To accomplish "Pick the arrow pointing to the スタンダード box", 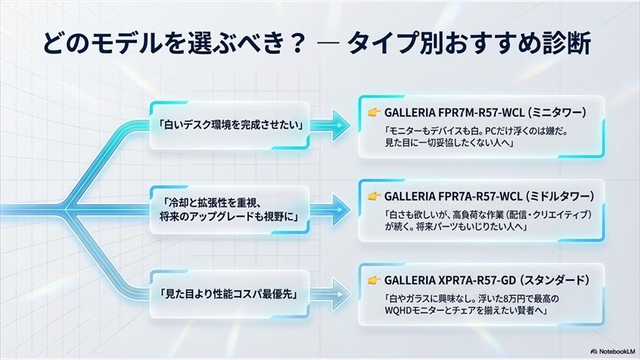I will tap(330, 294).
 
